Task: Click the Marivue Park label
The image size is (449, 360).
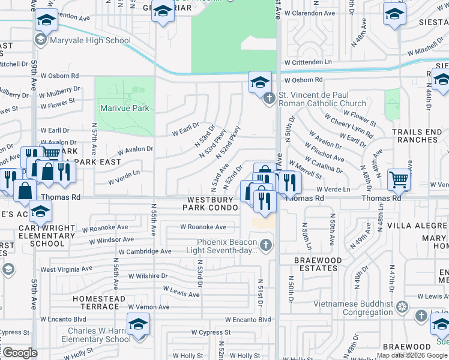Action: point(125,109)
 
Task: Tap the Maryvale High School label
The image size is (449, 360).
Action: point(90,41)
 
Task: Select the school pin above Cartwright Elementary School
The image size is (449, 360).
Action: point(41,212)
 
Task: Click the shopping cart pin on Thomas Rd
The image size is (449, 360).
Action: point(399,179)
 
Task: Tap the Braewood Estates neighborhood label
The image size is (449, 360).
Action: point(318,265)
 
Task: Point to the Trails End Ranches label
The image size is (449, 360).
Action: point(415,136)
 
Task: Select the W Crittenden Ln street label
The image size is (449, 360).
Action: point(308,62)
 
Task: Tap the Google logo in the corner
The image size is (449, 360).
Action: point(19,353)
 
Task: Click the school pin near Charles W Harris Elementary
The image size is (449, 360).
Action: point(139,325)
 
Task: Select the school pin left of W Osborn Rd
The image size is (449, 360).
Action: point(261,82)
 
